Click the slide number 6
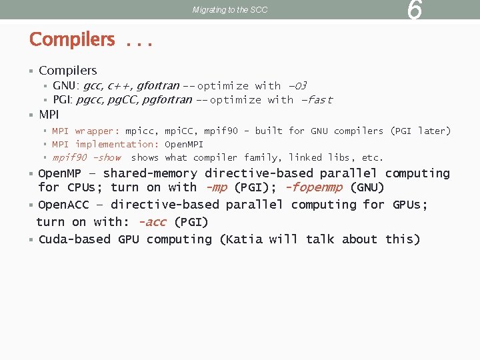coord(414,10)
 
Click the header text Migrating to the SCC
coord(230,10)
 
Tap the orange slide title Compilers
coord(72,39)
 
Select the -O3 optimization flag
coord(297,85)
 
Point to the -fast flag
coord(317,100)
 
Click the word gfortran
coord(158,85)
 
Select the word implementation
coord(117,144)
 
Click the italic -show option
coord(107,158)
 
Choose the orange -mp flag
coord(217,187)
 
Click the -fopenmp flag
coord(313,187)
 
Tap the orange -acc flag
coord(152,222)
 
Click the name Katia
coord(244,239)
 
